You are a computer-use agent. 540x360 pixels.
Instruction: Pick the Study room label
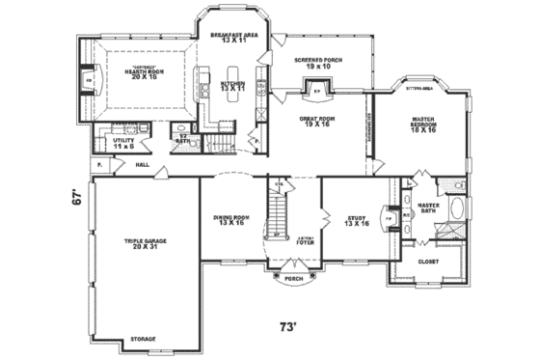(x=354, y=221)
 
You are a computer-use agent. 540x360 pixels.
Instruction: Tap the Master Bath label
(x=429, y=208)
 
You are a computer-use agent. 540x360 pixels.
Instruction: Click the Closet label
(x=426, y=261)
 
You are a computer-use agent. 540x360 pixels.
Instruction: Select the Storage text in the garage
(x=142, y=339)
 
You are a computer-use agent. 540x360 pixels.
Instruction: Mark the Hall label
(x=142, y=165)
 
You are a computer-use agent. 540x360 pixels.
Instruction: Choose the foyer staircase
(x=280, y=210)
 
